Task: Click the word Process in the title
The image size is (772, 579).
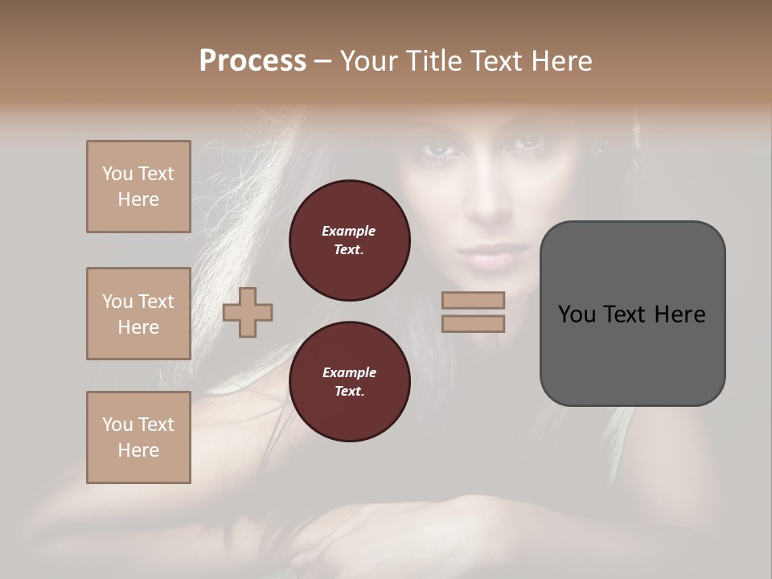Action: (253, 61)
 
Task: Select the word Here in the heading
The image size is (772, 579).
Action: (561, 61)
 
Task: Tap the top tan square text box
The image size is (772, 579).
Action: (138, 187)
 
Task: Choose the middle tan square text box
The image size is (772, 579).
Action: (138, 314)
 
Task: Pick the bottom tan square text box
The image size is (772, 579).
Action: (138, 437)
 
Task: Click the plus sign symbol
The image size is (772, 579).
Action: (248, 313)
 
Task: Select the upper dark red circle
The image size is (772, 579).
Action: (349, 240)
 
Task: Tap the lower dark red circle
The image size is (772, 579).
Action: (349, 382)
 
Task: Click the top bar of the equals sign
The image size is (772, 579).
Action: (473, 300)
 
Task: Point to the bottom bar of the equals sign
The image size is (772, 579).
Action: (473, 324)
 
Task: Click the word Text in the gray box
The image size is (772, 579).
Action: (624, 314)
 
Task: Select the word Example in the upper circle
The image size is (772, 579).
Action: (349, 232)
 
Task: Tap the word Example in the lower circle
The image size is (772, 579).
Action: (349, 373)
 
